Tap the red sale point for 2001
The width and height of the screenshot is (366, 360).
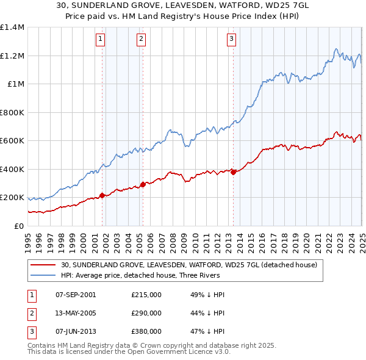(102, 195)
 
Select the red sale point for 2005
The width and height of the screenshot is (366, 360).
(143, 184)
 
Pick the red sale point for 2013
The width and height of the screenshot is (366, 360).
(233, 172)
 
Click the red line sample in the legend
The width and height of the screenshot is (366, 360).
(43, 265)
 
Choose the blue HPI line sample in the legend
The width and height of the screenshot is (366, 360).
(43, 275)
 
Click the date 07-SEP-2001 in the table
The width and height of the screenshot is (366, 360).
(76, 295)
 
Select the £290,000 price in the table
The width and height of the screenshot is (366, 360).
(146, 313)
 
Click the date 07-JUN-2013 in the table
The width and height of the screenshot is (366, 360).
(76, 331)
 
